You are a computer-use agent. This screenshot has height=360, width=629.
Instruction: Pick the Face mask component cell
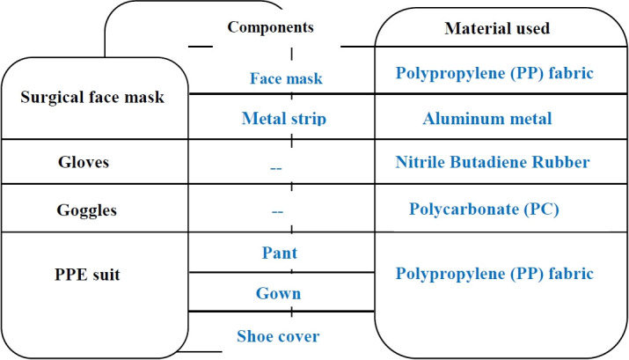coord(286,78)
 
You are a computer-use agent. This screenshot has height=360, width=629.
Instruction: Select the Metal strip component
coord(283,119)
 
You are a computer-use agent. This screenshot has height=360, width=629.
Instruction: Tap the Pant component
coord(279,253)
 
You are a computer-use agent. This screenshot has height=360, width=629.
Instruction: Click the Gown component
coord(278,294)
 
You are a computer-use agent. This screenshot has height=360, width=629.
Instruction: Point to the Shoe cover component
coord(278,335)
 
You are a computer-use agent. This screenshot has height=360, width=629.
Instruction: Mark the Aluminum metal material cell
coord(486,119)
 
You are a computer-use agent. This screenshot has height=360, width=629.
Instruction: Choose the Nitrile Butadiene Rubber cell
coord(493,162)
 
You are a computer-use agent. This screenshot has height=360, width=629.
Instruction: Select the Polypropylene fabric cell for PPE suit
coord(495,274)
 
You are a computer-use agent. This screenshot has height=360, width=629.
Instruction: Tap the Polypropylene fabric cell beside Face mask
coord(495,75)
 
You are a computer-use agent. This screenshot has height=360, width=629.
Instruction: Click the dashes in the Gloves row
coord(278,165)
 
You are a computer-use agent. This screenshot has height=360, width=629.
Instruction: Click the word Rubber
coord(564,162)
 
